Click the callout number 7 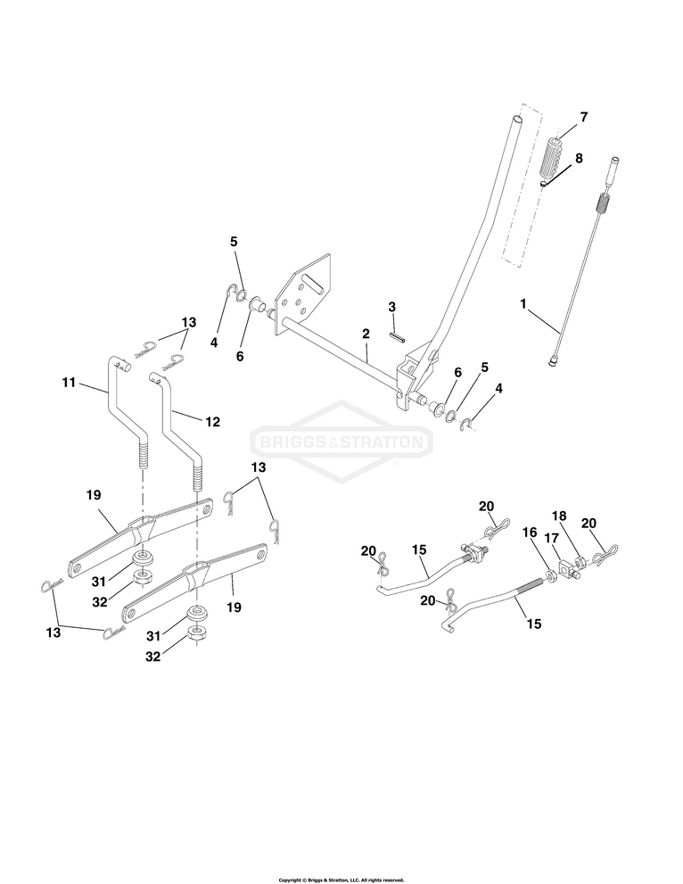(583, 117)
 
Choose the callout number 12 (212, 421)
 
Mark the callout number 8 (579, 158)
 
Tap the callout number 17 (550, 540)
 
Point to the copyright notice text (341, 880)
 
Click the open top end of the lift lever (516, 117)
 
